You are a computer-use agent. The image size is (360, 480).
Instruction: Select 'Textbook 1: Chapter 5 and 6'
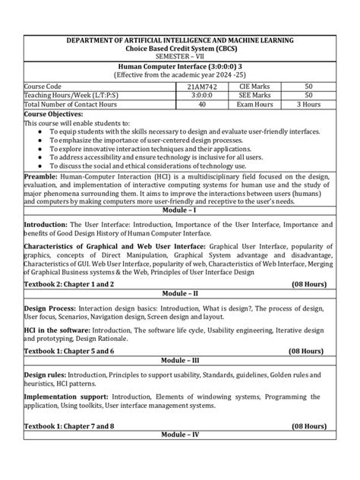[69, 353]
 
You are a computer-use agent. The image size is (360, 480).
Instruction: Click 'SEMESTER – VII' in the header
[180, 55]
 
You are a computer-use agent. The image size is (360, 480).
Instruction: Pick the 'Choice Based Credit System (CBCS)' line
[180, 47]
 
